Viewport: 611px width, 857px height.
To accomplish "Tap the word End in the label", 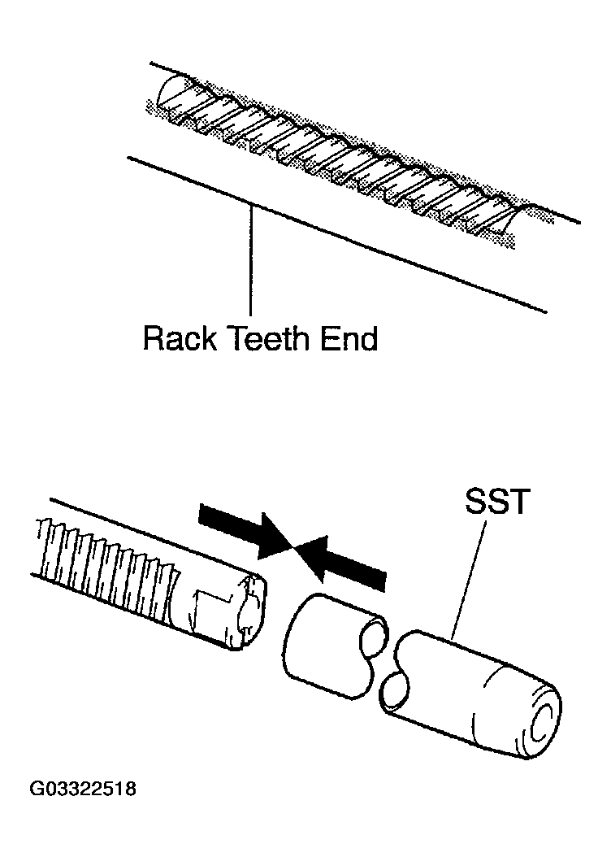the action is [x=349, y=339].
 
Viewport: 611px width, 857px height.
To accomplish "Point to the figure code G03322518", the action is [x=83, y=790].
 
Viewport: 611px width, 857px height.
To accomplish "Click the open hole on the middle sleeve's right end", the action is [x=375, y=635].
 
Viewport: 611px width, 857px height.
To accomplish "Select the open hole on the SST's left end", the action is [x=394, y=693].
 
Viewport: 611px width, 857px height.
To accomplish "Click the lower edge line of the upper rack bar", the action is [x=337, y=235].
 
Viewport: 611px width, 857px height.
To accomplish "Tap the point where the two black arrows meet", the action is [x=296, y=548].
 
